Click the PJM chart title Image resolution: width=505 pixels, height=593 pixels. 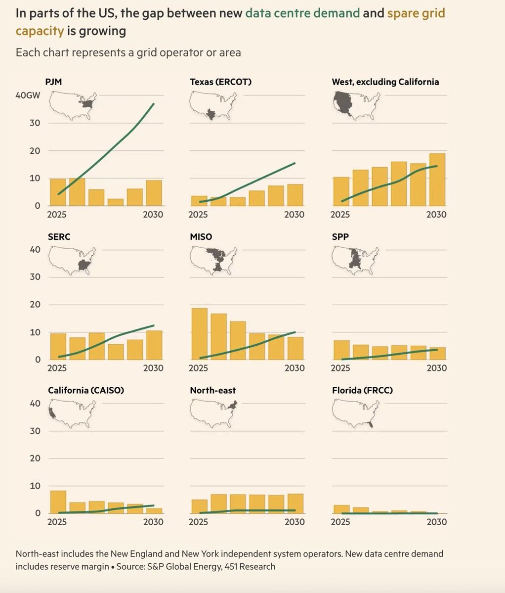53,82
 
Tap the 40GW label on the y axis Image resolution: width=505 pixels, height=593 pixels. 28,95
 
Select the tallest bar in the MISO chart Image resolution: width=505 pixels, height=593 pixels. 199,333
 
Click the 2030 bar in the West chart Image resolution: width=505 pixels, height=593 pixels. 437,180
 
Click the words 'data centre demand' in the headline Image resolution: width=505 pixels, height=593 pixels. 302,13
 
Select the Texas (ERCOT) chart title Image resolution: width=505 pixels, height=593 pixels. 220,82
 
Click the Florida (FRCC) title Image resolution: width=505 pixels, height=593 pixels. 362,390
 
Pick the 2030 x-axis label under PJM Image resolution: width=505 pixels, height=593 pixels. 153,214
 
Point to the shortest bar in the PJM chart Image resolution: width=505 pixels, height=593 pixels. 116,202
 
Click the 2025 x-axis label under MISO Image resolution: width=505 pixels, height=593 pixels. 198,368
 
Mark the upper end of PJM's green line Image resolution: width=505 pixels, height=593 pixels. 154,104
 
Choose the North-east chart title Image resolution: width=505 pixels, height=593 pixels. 212,390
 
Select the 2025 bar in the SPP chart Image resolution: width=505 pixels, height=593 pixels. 341,350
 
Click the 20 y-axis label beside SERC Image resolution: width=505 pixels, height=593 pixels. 35,305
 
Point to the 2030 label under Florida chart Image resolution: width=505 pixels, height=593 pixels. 436,522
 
